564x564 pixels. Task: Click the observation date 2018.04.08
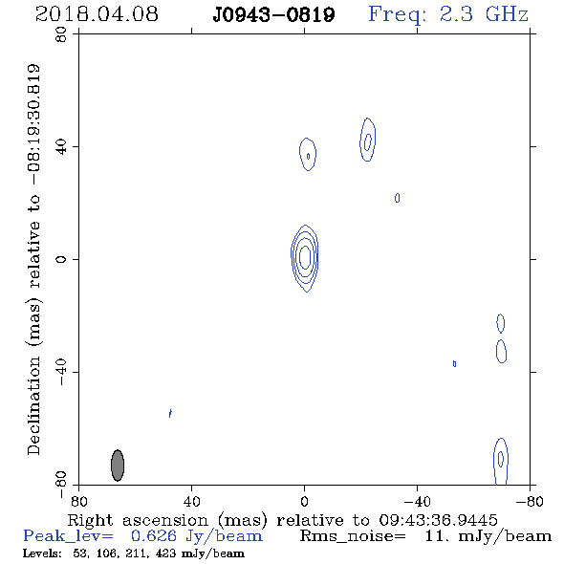(x=97, y=14)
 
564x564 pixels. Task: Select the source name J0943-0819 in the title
(x=273, y=14)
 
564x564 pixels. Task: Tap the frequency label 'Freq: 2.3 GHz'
(x=448, y=14)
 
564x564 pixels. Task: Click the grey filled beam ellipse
(x=118, y=466)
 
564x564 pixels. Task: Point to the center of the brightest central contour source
(x=305, y=257)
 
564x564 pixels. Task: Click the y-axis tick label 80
(x=61, y=34)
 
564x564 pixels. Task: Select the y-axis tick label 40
(x=61, y=147)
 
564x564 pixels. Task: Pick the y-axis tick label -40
(x=61, y=372)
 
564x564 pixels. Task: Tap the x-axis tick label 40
(x=191, y=502)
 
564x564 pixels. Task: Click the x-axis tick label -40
(x=417, y=502)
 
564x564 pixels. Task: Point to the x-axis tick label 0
(x=304, y=502)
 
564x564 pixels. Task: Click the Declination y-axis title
(x=33, y=259)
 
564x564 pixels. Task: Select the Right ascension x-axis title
(x=282, y=520)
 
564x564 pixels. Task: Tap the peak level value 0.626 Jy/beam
(x=197, y=536)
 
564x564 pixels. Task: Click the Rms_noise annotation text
(x=425, y=536)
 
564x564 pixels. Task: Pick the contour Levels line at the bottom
(x=134, y=553)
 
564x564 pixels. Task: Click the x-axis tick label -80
(x=530, y=502)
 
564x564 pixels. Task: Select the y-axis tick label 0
(x=61, y=259)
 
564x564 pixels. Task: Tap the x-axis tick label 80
(x=78, y=502)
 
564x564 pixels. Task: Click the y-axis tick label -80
(x=61, y=485)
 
